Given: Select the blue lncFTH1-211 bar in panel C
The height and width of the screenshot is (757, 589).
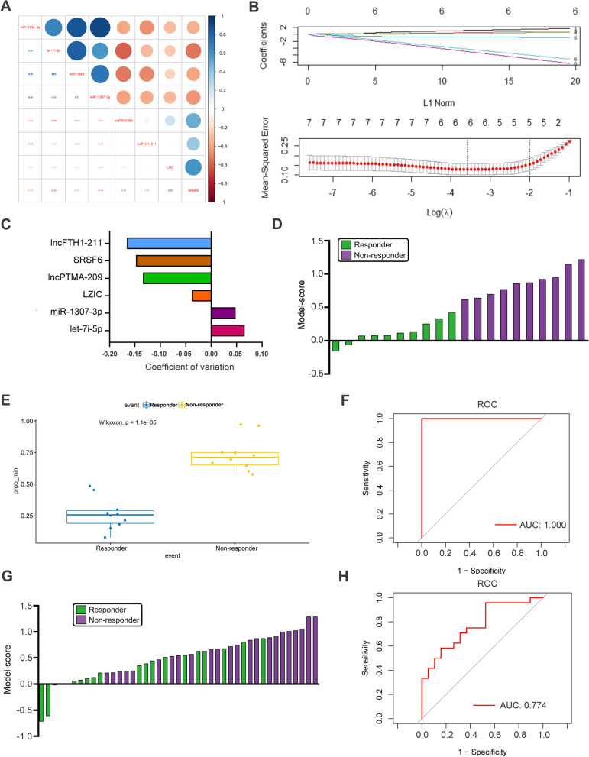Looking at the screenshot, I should (x=169, y=243).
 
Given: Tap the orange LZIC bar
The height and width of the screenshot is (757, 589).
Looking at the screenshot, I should (x=202, y=295).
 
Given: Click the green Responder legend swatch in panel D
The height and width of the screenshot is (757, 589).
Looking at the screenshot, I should (x=345, y=245).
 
